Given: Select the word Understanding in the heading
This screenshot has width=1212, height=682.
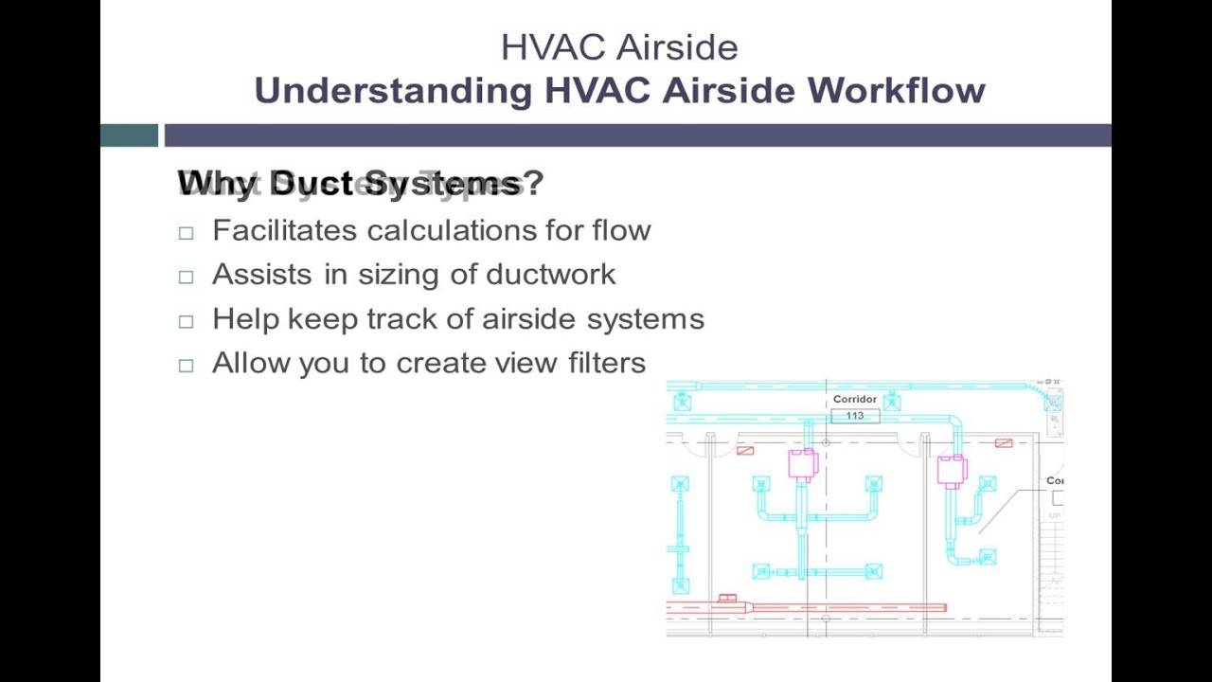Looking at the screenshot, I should [393, 91].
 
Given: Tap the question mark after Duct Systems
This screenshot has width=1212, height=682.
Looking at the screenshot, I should [533, 183].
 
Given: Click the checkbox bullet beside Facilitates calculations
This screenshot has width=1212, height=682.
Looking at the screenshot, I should [186, 232].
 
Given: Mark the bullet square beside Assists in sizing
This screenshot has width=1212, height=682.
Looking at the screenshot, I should [186, 277].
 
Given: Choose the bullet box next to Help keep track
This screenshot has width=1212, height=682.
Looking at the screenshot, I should [186, 321].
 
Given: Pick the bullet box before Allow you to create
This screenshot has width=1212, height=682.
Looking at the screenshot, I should [186, 366].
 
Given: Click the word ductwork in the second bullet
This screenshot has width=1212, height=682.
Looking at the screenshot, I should [550, 275].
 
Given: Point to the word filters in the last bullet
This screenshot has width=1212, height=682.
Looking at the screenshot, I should [607, 363].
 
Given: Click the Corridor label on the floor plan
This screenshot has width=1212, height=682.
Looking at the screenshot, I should [854, 399].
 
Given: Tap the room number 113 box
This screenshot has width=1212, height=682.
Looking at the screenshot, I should [855, 416].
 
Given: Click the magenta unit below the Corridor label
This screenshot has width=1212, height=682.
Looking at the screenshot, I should [803, 464].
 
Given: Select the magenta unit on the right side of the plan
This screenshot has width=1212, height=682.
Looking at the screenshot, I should [951, 470].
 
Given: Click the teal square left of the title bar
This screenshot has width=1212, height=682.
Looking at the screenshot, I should [129, 135].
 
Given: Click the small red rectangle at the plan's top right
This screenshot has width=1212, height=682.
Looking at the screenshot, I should [1004, 442].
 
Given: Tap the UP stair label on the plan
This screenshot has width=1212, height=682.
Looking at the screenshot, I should [1055, 516].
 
